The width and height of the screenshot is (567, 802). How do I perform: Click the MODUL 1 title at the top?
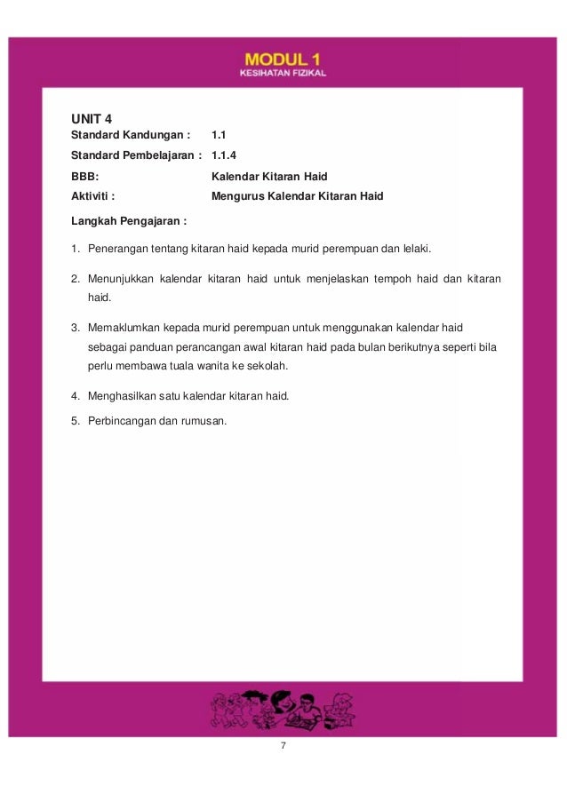click(283, 58)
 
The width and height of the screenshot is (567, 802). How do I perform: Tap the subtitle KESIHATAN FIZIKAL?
click(283, 73)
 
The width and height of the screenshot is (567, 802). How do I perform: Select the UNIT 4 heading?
click(92, 118)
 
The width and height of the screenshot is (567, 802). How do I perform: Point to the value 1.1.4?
click(225, 155)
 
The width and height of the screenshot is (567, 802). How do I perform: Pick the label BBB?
click(84, 176)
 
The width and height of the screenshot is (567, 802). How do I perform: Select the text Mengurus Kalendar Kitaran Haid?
click(298, 195)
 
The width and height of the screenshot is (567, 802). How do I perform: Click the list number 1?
click(76, 248)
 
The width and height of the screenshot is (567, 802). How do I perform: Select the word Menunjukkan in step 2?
click(119, 281)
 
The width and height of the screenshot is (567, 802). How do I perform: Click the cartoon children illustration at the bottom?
click(283, 709)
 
